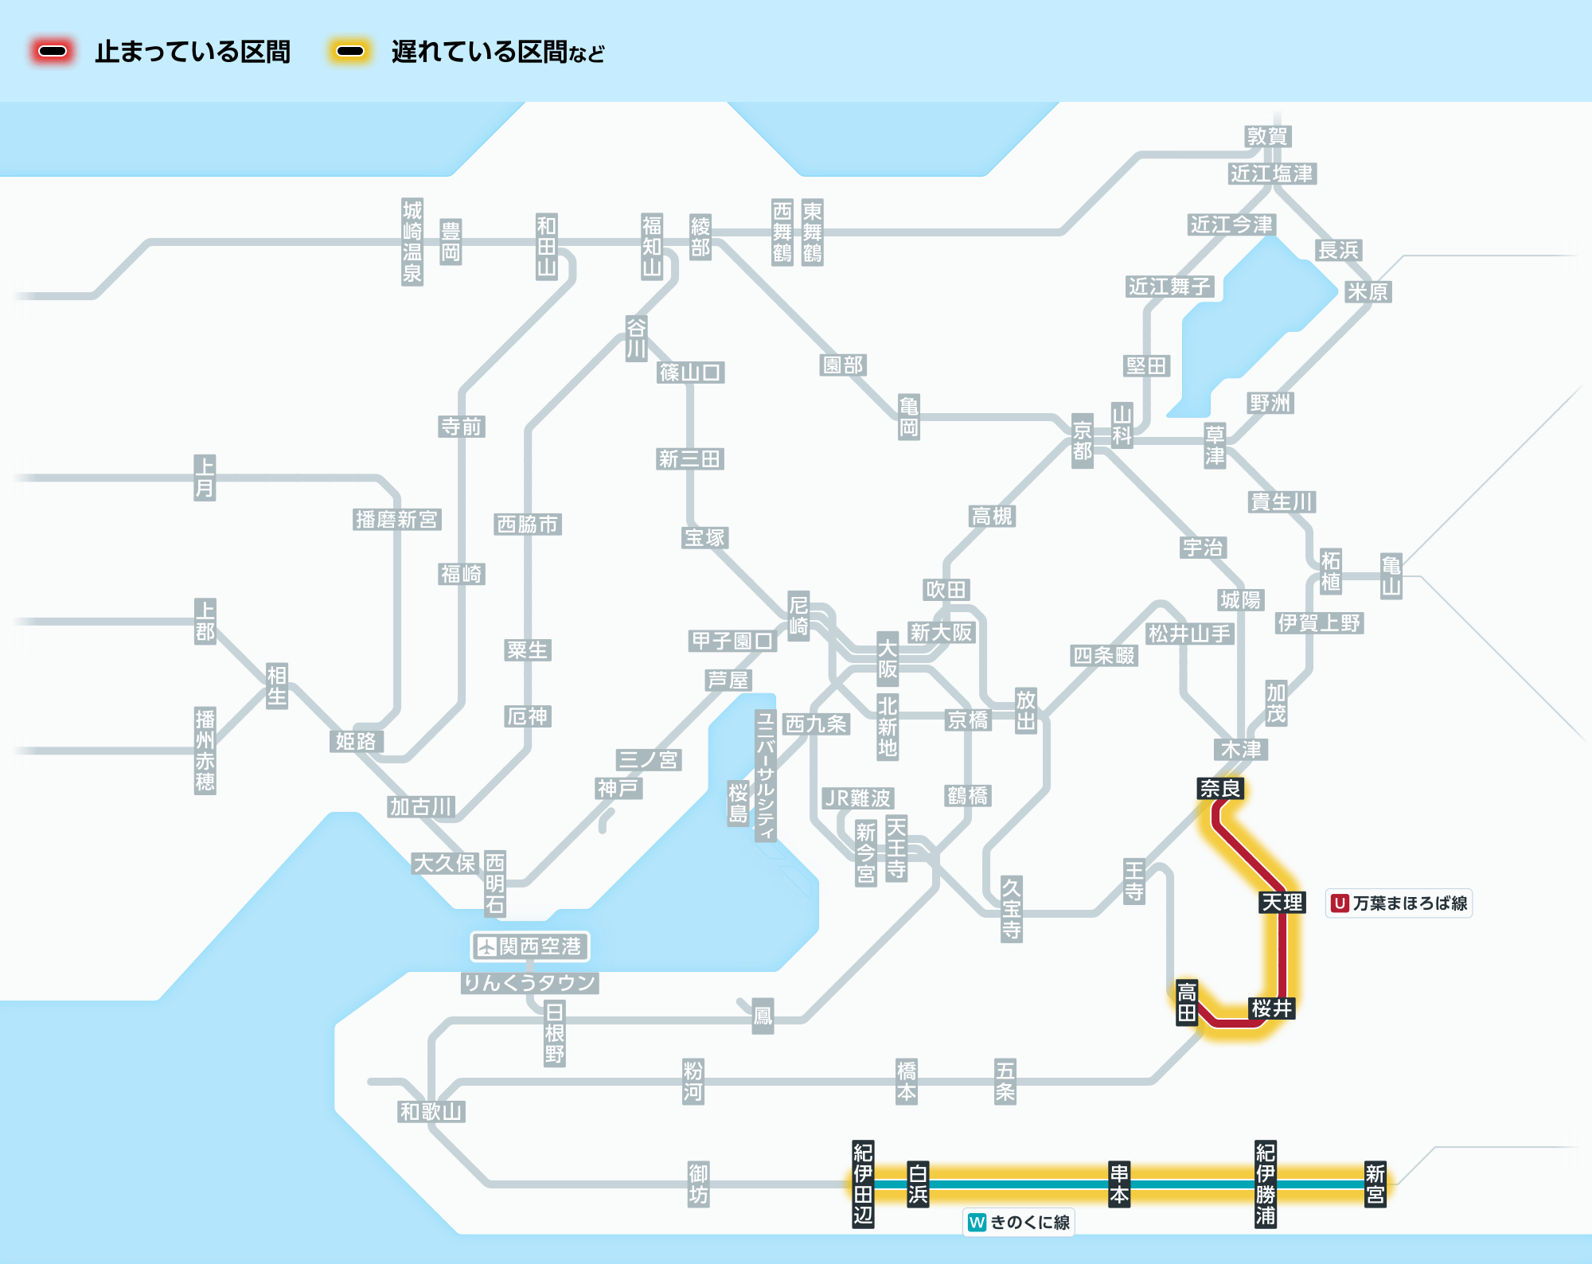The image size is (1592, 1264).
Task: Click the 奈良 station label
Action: pyautogui.click(x=1220, y=789)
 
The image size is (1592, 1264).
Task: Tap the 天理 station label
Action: pyautogui.click(x=1282, y=903)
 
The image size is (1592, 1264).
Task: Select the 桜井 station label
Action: pyautogui.click(x=1271, y=1008)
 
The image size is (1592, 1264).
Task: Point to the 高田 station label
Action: pyautogui.click(x=1187, y=1002)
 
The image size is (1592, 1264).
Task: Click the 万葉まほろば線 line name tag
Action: pyautogui.click(x=1399, y=903)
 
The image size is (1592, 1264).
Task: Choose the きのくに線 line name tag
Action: pyautogui.click(x=1019, y=1223)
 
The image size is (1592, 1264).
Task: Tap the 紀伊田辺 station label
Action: pyautogui.click(x=863, y=1184)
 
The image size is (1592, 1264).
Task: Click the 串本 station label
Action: pyautogui.click(x=1119, y=1184)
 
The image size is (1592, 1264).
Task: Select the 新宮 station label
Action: pyautogui.click(x=1375, y=1184)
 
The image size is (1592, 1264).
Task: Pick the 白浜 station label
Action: pyautogui.click(x=918, y=1184)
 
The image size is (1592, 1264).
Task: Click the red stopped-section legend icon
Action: pyautogui.click(x=53, y=52)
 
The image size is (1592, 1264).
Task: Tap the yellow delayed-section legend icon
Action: pyautogui.click(x=350, y=52)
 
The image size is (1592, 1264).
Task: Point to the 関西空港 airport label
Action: pyautogui.click(x=530, y=946)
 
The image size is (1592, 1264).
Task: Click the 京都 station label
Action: pyautogui.click(x=1082, y=441)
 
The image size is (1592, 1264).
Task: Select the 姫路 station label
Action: pyautogui.click(x=356, y=741)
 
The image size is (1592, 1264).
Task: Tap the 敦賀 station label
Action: pyautogui.click(x=1267, y=136)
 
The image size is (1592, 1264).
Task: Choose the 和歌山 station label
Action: pyautogui.click(x=431, y=1111)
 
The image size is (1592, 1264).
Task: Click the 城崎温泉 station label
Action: pyautogui.click(x=412, y=242)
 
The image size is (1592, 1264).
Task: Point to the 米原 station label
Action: pyautogui.click(x=1368, y=291)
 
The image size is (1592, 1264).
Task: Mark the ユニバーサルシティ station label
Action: pyautogui.click(x=765, y=775)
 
